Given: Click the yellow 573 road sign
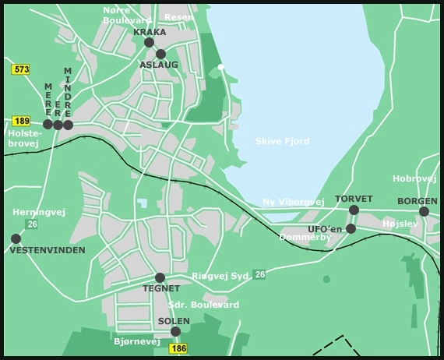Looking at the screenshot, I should pos(21,70).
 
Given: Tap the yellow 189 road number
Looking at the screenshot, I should pos(21,121).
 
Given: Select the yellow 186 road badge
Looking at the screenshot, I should pos(178,348).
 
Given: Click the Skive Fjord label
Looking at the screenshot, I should pos(282,141).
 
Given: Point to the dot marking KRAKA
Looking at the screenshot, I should pos(150,43).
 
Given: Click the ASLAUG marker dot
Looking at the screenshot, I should pos(160,55).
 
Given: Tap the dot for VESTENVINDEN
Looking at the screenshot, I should pos(16,238).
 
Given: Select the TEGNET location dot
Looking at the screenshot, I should pos(160,277).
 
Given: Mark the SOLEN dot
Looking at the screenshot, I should pos(175,331).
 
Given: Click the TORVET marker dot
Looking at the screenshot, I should pos(354,210).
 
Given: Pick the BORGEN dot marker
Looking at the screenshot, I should pos(424,211).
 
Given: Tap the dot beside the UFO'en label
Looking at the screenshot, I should pos(351,228).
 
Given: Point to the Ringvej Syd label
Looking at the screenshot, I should pos(221,276).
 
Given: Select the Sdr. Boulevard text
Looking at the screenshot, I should pos(203,305).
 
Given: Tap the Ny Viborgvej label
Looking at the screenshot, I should pos(293,202).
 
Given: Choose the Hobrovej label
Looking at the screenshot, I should pos(414,178).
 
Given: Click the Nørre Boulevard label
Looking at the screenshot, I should pos(128,14).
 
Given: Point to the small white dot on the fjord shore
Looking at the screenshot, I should pos(221,67).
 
